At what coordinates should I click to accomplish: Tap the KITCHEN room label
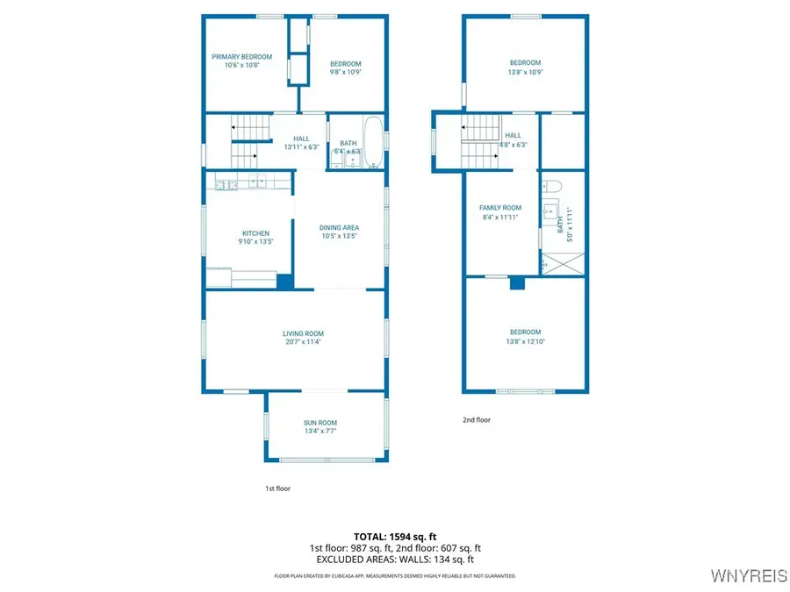[x=255, y=233]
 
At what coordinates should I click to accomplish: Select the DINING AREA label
[x=339, y=228]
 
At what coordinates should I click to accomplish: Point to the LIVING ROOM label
[x=303, y=333]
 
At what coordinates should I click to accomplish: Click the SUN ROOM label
[x=320, y=423]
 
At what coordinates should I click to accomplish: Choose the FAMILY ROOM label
[x=500, y=208]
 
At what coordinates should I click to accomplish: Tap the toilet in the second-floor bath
[x=551, y=186]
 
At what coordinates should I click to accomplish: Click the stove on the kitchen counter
[x=224, y=183]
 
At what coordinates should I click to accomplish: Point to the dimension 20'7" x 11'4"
[x=303, y=342]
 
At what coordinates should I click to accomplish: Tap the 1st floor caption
[x=277, y=489]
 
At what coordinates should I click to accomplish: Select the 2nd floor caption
[x=477, y=420]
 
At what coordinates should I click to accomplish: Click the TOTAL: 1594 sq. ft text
[x=394, y=536]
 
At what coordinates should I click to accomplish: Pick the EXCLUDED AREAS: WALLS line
[x=394, y=559]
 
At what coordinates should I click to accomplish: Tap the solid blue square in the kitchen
[x=284, y=282]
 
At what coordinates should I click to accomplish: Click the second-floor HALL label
[x=513, y=135]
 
